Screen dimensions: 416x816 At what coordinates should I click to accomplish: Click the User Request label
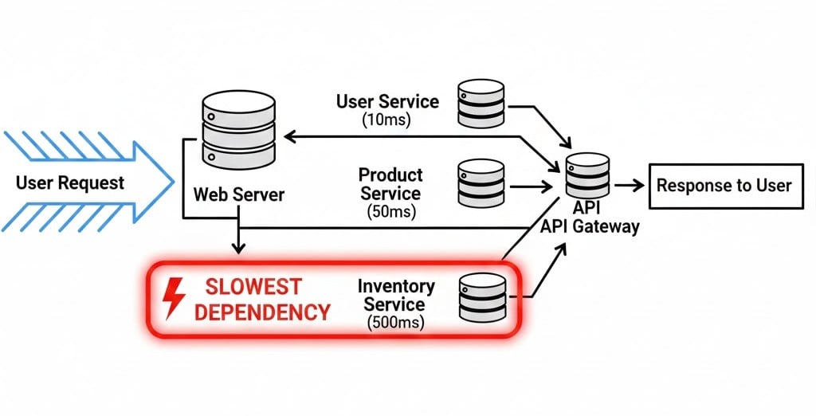pos(70,183)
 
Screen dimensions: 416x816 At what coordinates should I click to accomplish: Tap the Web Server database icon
pos(240,128)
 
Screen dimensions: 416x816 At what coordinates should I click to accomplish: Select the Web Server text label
pos(239,194)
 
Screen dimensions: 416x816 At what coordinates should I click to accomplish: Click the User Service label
pos(387,102)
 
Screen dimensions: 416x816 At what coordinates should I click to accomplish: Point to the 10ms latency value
pos(387,121)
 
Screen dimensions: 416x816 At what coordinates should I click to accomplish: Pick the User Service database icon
pos(481,104)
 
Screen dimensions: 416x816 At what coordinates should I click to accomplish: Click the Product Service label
pos(390,184)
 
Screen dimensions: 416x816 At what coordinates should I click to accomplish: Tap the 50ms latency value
pos(390,212)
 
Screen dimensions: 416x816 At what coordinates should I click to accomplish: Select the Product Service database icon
pos(481,184)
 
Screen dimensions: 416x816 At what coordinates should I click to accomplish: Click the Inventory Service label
pos(396,295)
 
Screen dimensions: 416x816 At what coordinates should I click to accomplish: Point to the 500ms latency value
pos(396,323)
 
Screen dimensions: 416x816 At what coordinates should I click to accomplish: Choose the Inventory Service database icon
pos(483,298)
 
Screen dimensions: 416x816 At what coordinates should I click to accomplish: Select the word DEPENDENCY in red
pos(262,312)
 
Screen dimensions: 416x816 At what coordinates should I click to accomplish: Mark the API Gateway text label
pos(590,226)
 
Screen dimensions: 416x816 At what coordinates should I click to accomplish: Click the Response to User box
pos(723,186)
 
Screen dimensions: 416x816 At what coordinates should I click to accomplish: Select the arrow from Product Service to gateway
pos(530,186)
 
